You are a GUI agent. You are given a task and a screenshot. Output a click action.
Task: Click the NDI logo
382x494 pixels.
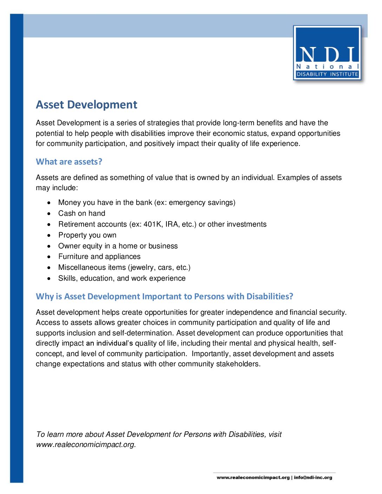pyautogui.click(x=327, y=53)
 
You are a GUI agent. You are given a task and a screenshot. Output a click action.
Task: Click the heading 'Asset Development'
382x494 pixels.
pyautogui.click(x=86, y=105)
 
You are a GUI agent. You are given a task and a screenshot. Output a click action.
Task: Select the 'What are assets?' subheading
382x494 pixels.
pyautogui.click(x=69, y=162)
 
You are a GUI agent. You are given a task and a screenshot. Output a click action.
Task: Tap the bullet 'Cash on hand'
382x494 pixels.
pyautogui.click(x=81, y=213)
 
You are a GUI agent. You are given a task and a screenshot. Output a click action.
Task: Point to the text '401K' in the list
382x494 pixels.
pyautogui.click(x=153, y=224)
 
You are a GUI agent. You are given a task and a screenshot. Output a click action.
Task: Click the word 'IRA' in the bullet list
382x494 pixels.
pyautogui.click(x=172, y=224)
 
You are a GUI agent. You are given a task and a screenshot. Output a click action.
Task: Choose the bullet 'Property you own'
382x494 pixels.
pyautogui.click(x=87, y=235)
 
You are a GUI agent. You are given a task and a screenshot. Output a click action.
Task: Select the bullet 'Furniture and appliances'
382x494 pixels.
pyautogui.click(x=99, y=256)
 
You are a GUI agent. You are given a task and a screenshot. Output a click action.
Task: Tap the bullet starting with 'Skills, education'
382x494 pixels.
pyautogui.click(x=121, y=278)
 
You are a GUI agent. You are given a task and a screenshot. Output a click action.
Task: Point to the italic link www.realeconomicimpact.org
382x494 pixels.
pyautogui.click(x=85, y=445)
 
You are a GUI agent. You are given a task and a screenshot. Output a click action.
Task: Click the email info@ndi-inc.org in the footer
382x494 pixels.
pyautogui.click(x=313, y=478)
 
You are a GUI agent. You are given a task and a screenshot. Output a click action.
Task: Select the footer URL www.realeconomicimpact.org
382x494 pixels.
pyautogui.click(x=253, y=478)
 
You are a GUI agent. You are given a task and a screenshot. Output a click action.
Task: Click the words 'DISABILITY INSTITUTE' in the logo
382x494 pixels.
pyautogui.click(x=327, y=74)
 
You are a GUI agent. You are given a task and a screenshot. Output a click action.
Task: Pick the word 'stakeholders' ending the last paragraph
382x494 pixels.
pyautogui.click(x=238, y=364)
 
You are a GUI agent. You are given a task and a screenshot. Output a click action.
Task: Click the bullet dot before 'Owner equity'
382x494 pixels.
pyautogui.click(x=49, y=246)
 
